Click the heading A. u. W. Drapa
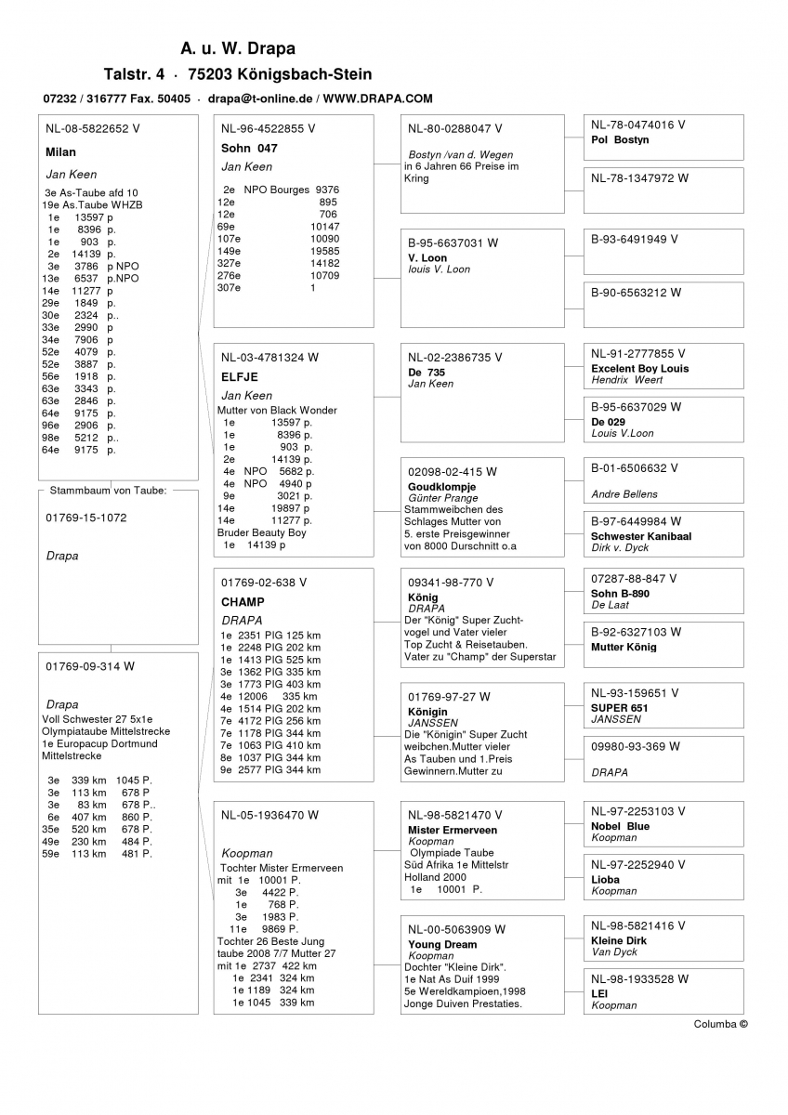238,48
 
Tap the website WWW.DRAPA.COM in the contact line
378,98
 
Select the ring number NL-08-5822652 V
93,129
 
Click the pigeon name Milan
60,151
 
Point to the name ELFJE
240,377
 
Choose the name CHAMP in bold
243,602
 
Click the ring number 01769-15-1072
86,518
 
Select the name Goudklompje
441,487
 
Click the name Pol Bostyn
620,140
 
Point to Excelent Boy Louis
639,369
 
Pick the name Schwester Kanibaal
641,537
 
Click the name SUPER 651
619,708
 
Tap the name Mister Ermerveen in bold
453,831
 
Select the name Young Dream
442,945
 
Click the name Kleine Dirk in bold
619,940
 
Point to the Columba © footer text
720,1024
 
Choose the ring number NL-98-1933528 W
639,978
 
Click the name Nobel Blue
620,826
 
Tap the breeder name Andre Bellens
624,494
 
